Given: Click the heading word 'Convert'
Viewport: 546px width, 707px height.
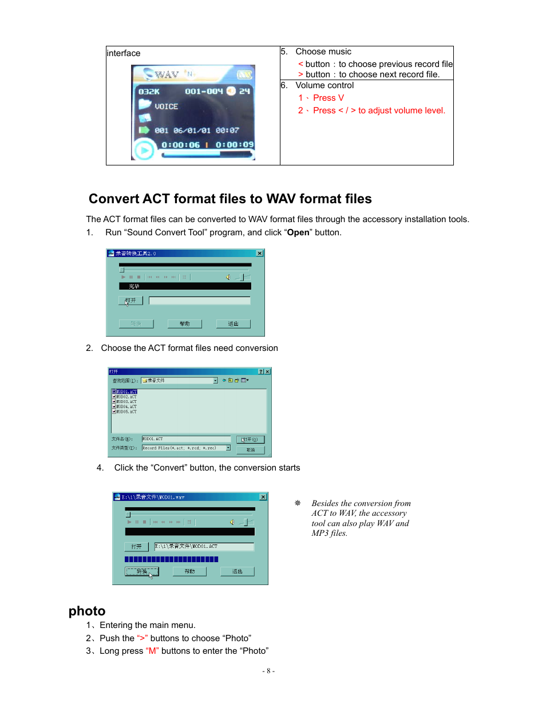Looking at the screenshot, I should pyautogui.click(x=114, y=199).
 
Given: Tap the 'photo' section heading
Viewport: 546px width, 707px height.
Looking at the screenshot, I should pyautogui.click(x=87, y=611).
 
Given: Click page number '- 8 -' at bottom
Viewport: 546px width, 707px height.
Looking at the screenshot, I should pyautogui.click(x=268, y=671).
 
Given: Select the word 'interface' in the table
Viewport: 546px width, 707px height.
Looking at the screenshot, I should pyautogui.click(x=124, y=53).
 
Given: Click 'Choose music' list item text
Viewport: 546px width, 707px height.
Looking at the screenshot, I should pyautogui.click(x=323, y=52).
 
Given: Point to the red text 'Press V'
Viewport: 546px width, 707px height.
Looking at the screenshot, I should pyautogui.click(x=328, y=98).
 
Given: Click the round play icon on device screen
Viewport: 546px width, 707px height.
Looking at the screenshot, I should pyautogui.click(x=144, y=151).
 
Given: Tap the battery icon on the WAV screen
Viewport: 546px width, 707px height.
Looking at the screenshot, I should pyautogui.click(x=245, y=75).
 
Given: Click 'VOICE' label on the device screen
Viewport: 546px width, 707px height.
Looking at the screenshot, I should pyautogui.click(x=166, y=106).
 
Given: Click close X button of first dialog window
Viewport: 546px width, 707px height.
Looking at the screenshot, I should pyautogui.click(x=259, y=253).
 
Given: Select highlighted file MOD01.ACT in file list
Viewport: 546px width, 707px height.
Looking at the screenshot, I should pyautogui.click(x=126, y=392).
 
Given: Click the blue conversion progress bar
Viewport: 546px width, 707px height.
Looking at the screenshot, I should pyautogui.click(x=171, y=559).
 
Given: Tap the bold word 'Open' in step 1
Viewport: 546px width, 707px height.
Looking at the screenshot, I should pyautogui.click(x=298, y=232).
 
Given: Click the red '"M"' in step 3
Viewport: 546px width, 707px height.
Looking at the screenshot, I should pyautogui.click(x=152, y=651).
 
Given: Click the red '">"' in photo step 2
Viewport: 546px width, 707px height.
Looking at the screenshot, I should pyautogui.click(x=142, y=638).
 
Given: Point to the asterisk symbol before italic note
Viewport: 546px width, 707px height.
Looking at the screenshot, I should pyautogui.click(x=298, y=503).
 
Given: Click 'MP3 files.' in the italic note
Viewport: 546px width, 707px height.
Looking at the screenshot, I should pyautogui.click(x=329, y=533).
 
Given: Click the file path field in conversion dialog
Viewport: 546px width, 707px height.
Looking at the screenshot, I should pyautogui.click(x=204, y=547).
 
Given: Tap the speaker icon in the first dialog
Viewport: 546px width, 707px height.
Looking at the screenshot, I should pyautogui.click(x=228, y=277).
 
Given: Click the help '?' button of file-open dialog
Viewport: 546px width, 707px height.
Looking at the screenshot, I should pyautogui.click(x=261, y=372).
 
